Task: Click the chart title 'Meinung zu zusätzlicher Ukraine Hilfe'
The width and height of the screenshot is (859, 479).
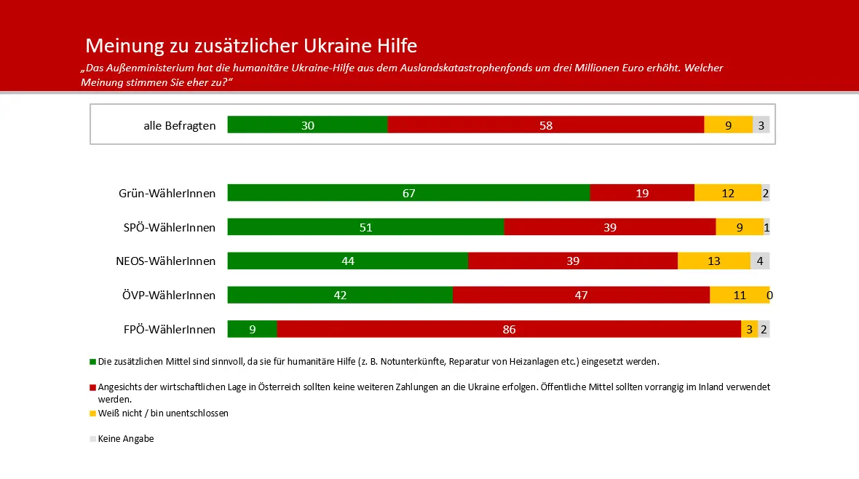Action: tap(251, 46)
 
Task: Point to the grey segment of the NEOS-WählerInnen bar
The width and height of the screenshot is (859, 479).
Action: tap(760, 261)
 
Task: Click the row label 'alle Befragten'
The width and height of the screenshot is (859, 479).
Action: tap(180, 125)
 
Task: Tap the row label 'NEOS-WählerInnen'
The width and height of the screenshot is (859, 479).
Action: tap(166, 261)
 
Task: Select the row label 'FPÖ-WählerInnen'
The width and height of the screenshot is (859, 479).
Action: tap(169, 330)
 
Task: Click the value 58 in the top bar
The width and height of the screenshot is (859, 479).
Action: tap(546, 125)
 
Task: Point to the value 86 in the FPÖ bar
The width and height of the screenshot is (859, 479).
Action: tap(509, 330)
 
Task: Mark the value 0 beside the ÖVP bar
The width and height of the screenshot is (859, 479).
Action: tap(769, 296)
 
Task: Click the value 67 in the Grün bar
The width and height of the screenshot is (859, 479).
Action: tap(408, 193)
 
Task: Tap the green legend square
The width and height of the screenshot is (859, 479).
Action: tap(92, 361)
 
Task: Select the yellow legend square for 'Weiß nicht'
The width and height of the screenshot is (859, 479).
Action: tap(92, 413)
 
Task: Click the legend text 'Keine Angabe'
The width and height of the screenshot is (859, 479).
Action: tap(126, 439)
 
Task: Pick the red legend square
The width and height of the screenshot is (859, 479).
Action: tap(92, 387)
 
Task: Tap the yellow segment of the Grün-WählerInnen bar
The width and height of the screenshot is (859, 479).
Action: tap(727, 193)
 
